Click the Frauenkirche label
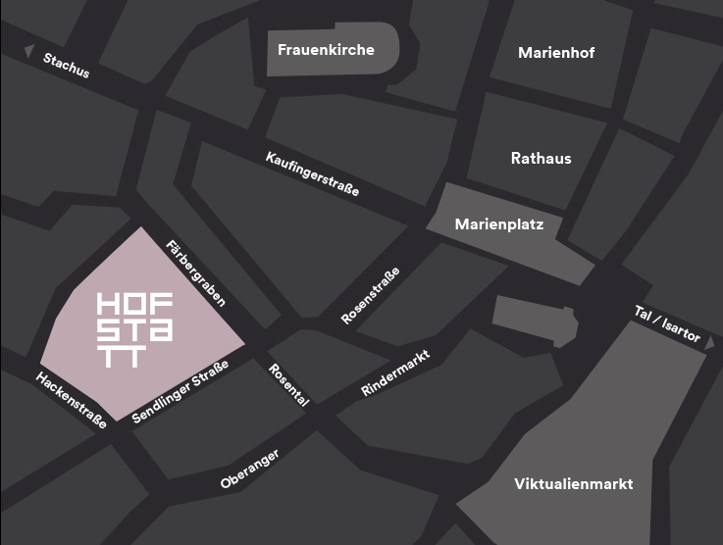click(x=326, y=49)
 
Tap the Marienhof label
click(x=556, y=53)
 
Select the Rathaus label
click(x=541, y=158)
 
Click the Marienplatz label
click(x=498, y=224)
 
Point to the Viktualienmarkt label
click(x=574, y=484)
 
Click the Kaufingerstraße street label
click(x=312, y=174)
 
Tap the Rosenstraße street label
click(x=370, y=296)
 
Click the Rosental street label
click(x=288, y=384)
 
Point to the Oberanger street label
click(x=250, y=469)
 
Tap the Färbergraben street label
click(x=196, y=273)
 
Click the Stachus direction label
click(x=66, y=66)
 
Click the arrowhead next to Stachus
click(x=29, y=51)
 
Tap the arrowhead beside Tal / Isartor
click(x=710, y=343)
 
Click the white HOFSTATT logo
click(x=135, y=328)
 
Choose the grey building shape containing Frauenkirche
click(x=333, y=49)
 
